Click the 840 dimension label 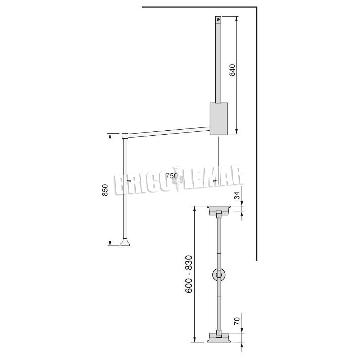click(x=232, y=70)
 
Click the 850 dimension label click(x=105, y=190)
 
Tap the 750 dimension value click(x=172, y=176)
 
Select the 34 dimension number click(x=237, y=195)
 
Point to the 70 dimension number click(x=237, y=321)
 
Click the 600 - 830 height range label click(x=189, y=274)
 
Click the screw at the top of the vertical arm click(x=218, y=20)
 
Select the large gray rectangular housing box click(x=219, y=119)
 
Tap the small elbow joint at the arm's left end click(x=125, y=136)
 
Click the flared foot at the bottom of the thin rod click(x=125, y=242)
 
